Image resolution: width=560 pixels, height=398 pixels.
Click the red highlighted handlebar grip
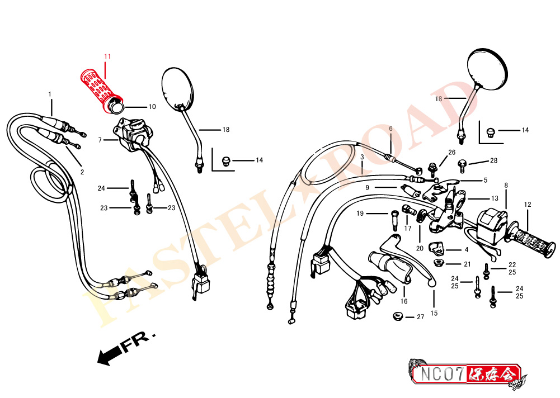[x=101, y=91]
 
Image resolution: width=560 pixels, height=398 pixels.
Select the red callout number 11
[x=107, y=56]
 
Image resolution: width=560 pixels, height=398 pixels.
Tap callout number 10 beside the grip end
[x=152, y=107]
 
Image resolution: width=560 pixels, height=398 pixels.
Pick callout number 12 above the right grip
[x=528, y=205]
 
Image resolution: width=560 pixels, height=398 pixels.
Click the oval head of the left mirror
[x=177, y=87]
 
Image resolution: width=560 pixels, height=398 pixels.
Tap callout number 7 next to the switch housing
[x=100, y=140]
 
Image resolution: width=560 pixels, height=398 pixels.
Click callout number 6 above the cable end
[x=390, y=129]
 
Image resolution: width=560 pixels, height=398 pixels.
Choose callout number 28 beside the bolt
[x=493, y=160]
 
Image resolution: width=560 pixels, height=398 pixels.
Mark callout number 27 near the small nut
[x=420, y=317]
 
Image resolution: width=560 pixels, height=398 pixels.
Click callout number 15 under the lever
[x=434, y=314]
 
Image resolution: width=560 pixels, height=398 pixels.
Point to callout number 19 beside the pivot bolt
[x=360, y=214]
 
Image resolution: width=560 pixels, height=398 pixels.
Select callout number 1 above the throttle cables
[x=50, y=94]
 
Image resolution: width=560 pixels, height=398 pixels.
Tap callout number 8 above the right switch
[x=506, y=186]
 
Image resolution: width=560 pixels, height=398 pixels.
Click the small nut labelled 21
[x=437, y=263]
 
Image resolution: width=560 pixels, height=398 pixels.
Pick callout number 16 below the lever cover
[x=404, y=301]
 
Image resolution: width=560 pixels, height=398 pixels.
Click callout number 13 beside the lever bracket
[x=495, y=198]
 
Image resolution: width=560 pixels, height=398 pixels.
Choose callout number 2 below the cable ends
[x=82, y=172]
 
